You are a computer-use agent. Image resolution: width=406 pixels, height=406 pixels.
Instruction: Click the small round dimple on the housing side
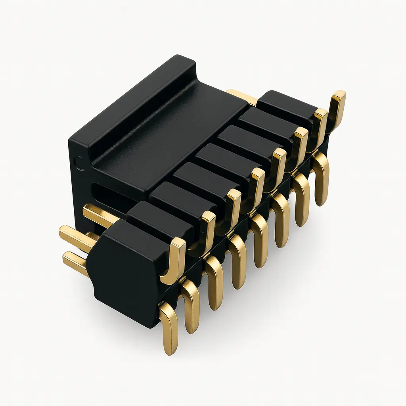coord(80,163)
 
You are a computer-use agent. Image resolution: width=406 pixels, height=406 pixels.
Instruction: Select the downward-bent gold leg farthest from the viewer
coord(321,178)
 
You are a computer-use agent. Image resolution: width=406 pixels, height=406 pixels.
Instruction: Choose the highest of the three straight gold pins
coord(99,214)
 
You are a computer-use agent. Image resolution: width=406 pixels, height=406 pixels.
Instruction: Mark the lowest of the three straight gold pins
coord(75,262)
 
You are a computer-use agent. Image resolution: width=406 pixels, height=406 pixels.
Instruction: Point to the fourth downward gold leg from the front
coord(238,262)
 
